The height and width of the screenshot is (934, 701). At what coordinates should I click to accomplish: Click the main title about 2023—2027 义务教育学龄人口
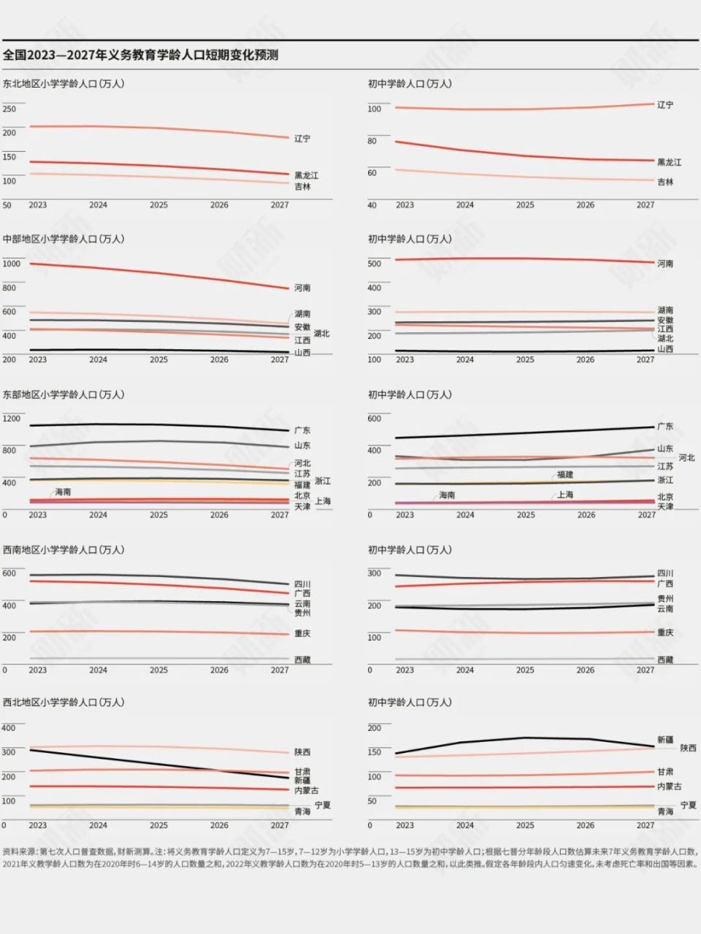[140, 55]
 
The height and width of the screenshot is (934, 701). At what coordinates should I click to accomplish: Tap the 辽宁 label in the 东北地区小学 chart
[302, 139]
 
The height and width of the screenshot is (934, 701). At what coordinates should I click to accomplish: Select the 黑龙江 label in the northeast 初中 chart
[669, 162]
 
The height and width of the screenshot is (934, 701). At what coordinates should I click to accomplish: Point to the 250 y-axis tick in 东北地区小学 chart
[9, 110]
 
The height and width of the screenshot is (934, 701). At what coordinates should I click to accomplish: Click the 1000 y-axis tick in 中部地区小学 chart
[12, 264]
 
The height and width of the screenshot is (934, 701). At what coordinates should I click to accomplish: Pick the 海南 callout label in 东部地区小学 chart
[64, 492]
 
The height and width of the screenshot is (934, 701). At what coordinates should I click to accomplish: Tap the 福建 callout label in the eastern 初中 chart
[565, 475]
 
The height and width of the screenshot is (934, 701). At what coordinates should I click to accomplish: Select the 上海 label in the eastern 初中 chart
[565, 494]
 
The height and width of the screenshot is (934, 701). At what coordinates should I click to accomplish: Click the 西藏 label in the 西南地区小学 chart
[302, 660]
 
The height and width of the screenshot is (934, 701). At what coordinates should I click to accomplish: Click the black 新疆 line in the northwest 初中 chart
[526, 738]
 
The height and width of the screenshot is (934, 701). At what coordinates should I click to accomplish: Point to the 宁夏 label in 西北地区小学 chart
[323, 805]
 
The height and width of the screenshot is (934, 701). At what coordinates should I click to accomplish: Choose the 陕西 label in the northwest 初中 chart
[688, 748]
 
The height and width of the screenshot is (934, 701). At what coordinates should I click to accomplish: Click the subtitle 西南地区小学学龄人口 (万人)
[64, 550]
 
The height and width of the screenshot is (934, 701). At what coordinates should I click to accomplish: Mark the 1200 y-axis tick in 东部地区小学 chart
[12, 418]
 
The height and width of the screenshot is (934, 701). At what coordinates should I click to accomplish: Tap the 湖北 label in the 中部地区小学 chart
[321, 334]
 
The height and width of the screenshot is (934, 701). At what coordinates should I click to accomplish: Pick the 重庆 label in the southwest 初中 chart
[664, 632]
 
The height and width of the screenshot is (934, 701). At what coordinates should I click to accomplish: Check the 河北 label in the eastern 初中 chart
[686, 458]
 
